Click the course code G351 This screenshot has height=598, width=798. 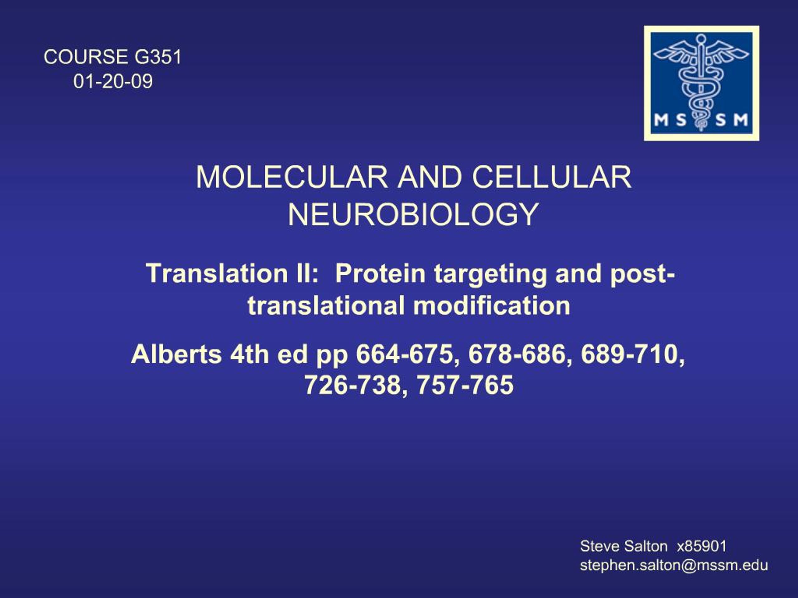pyautogui.click(x=158, y=57)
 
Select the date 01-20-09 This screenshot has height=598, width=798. pyautogui.click(x=113, y=81)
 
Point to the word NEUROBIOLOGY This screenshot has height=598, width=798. pyautogui.click(x=413, y=215)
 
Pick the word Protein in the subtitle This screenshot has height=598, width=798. pyautogui.click(x=381, y=273)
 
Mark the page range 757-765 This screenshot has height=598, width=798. pyautogui.click(x=465, y=385)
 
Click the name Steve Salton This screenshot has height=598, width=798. pyautogui.click(x=623, y=546)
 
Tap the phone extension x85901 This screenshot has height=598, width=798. pyautogui.click(x=701, y=546)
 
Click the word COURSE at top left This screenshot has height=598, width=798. pyautogui.click(x=86, y=57)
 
